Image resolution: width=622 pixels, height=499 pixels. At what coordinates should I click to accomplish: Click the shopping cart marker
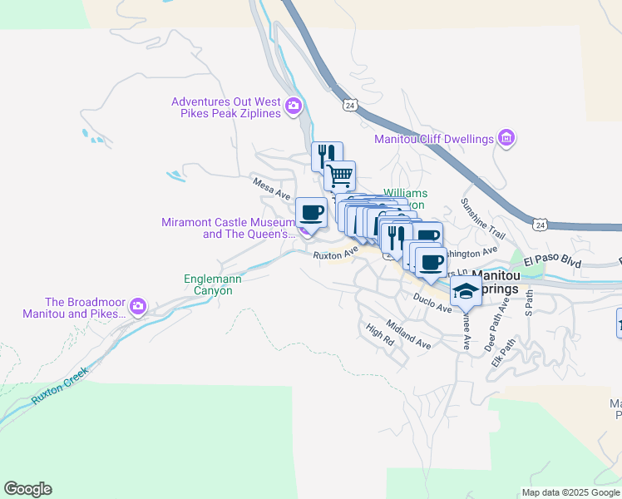[339, 175]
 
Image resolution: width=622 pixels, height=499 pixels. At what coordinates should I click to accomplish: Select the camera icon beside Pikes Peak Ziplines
[293, 106]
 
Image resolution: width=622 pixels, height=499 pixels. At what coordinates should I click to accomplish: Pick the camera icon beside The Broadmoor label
[138, 307]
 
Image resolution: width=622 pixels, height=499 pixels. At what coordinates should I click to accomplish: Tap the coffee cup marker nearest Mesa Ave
[311, 212]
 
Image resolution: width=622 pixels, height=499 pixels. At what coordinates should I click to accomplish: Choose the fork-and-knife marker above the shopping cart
[327, 156]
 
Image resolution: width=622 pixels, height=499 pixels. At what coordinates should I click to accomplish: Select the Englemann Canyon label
[213, 284]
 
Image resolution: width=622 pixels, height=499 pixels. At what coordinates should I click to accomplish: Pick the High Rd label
[379, 335]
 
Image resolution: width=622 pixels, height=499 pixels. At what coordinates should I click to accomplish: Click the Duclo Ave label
[432, 301]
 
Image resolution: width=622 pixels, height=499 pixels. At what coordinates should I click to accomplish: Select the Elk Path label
[498, 352]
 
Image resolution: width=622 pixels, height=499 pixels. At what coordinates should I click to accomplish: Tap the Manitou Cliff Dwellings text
[434, 139]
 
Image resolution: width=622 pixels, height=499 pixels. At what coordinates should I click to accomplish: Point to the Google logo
[27, 489]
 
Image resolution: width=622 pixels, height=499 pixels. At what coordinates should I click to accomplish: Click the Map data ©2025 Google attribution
[570, 492]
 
